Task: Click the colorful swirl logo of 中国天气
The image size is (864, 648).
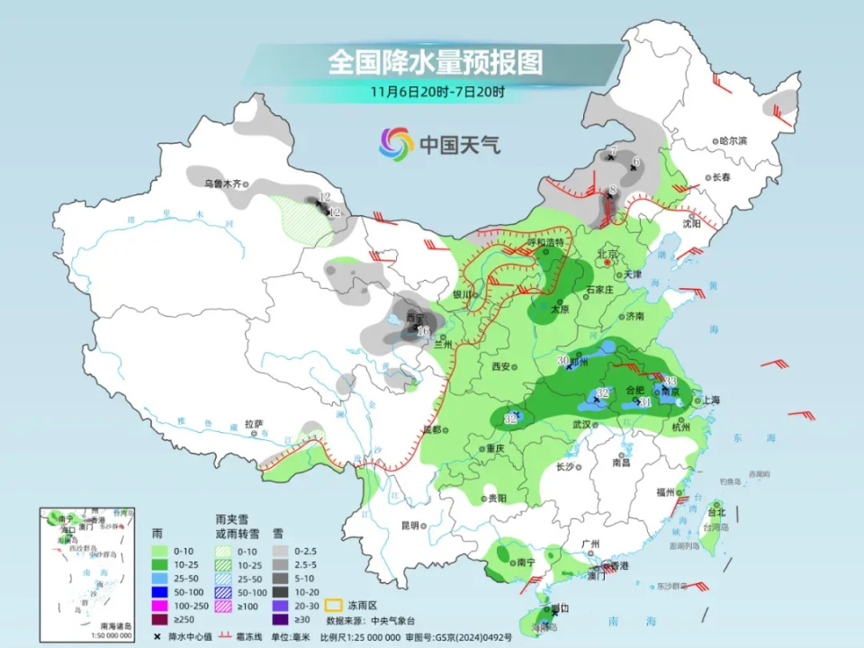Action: [x=396, y=143]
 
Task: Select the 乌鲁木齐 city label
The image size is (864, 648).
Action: [x=221, y=184]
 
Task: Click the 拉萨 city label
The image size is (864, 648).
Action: [x=253, y=423]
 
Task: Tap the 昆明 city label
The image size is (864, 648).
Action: [x=410, y=525]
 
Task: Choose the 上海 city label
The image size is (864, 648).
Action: [x=711, y=400]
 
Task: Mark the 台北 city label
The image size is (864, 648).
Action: [x=716, y=511]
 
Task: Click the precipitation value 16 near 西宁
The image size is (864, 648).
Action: [x=423, y=331]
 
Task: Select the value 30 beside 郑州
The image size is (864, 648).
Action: [x=564, y=361]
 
